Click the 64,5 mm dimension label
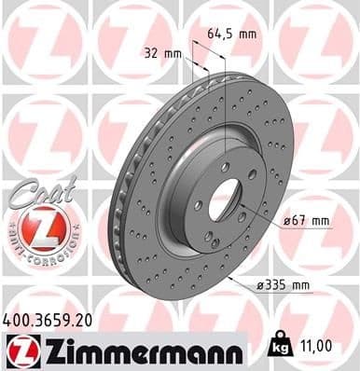(230, 34)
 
